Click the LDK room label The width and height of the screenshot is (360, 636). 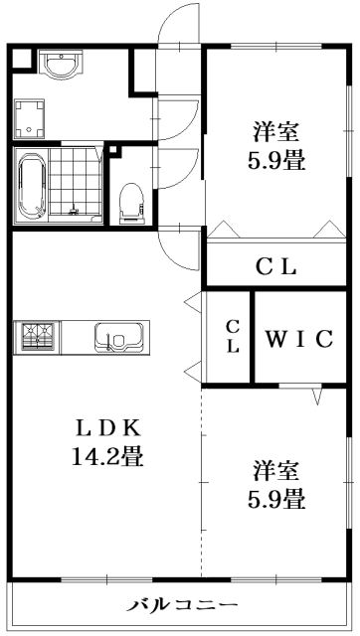(110, 429)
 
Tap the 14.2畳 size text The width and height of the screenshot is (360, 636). (110, 458)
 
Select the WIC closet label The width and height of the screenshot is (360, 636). (297, 338)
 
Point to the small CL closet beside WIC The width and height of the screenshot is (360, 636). (232, 336)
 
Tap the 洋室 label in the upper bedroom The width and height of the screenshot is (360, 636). (276, 130)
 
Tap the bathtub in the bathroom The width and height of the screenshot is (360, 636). (31, 186)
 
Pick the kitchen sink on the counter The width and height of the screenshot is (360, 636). (115, 338)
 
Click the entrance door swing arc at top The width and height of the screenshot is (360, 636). (180, 25)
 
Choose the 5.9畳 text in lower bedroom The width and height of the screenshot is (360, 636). (275, 498)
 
